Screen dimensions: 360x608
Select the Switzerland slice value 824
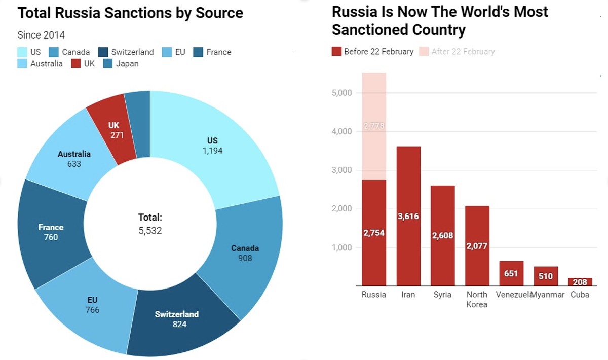(x=176, y=324)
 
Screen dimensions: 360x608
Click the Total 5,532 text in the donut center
(x=150, y=224)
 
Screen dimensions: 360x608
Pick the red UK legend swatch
(x=75, y=64)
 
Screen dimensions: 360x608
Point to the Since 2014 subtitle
(x=41, y=35)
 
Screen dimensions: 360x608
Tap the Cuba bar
(x=580, y=282)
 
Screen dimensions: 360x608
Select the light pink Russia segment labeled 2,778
(x=374, y=127)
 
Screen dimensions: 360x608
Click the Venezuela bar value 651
(x=511, y=274)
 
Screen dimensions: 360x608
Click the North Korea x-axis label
(x=477, y=300)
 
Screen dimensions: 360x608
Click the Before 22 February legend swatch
(x=336, y=51)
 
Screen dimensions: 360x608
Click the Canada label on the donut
(x=245, y=248)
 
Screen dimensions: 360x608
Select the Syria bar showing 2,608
(x=442, y=236)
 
